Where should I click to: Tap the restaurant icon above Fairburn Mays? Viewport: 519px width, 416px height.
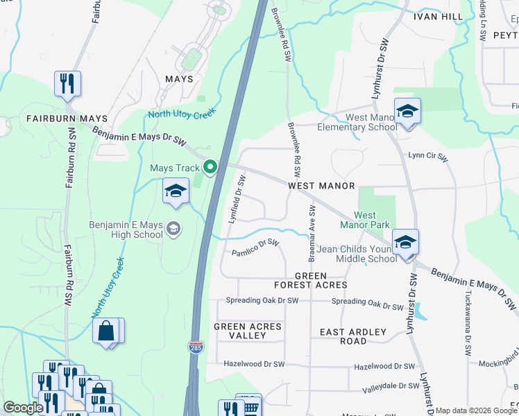pos(67,84)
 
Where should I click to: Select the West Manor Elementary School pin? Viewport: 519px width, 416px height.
pos(407,111)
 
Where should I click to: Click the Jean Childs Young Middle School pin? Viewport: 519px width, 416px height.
pos(405,243)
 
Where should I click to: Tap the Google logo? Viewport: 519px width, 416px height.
pos(23,408)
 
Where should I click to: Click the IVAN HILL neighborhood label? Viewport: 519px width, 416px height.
pos(437,15)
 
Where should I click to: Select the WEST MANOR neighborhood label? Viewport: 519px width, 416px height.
pos(321,186)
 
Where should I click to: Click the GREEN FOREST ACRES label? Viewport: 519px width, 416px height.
pos(310,280)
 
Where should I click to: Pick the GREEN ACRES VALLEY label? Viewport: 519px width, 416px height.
pos(248,331)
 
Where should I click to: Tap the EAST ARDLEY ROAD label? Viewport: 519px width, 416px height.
pos(353,336)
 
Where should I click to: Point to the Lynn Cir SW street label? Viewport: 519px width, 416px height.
pos(428,157)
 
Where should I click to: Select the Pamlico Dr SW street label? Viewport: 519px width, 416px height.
pos(255,248)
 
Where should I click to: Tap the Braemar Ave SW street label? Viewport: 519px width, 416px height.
pos(312,228)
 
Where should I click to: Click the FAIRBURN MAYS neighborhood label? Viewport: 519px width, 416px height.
pos(67,119)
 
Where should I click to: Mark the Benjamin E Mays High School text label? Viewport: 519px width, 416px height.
pos(126,229)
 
